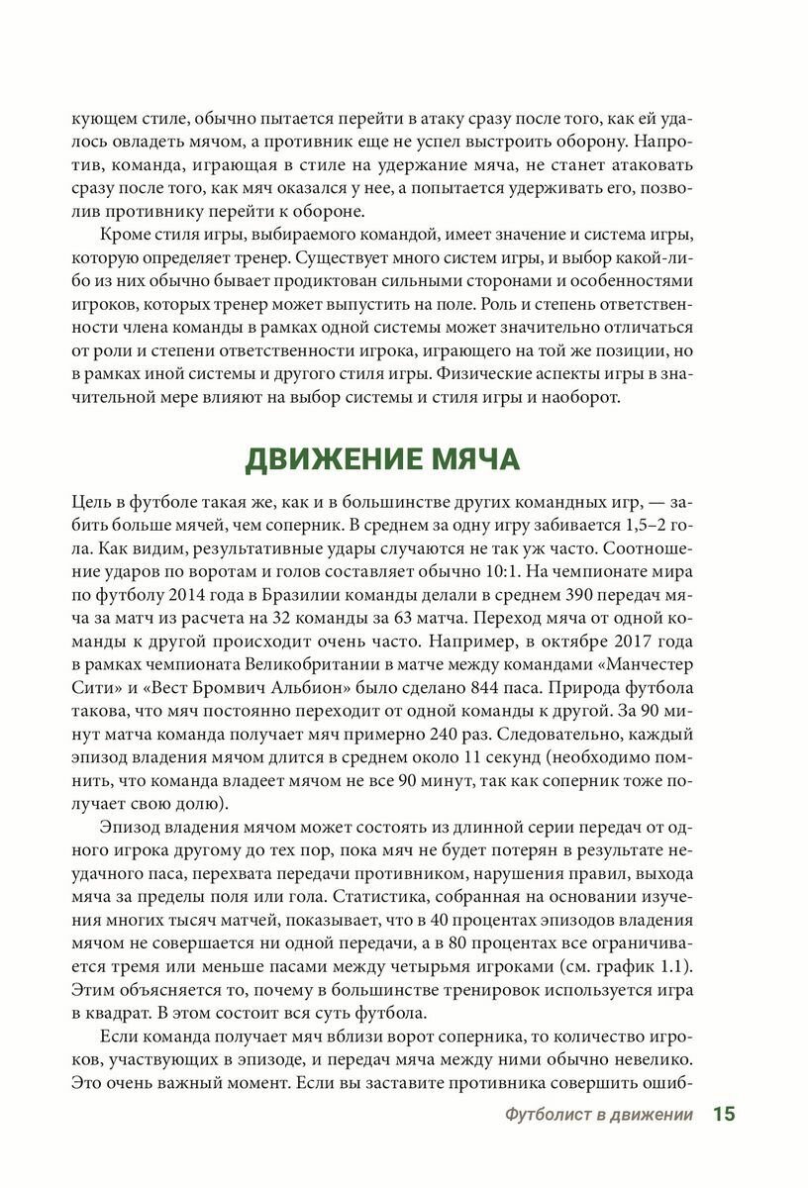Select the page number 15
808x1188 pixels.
click(724, 1115)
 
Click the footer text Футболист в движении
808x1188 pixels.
click(597, 1116)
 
